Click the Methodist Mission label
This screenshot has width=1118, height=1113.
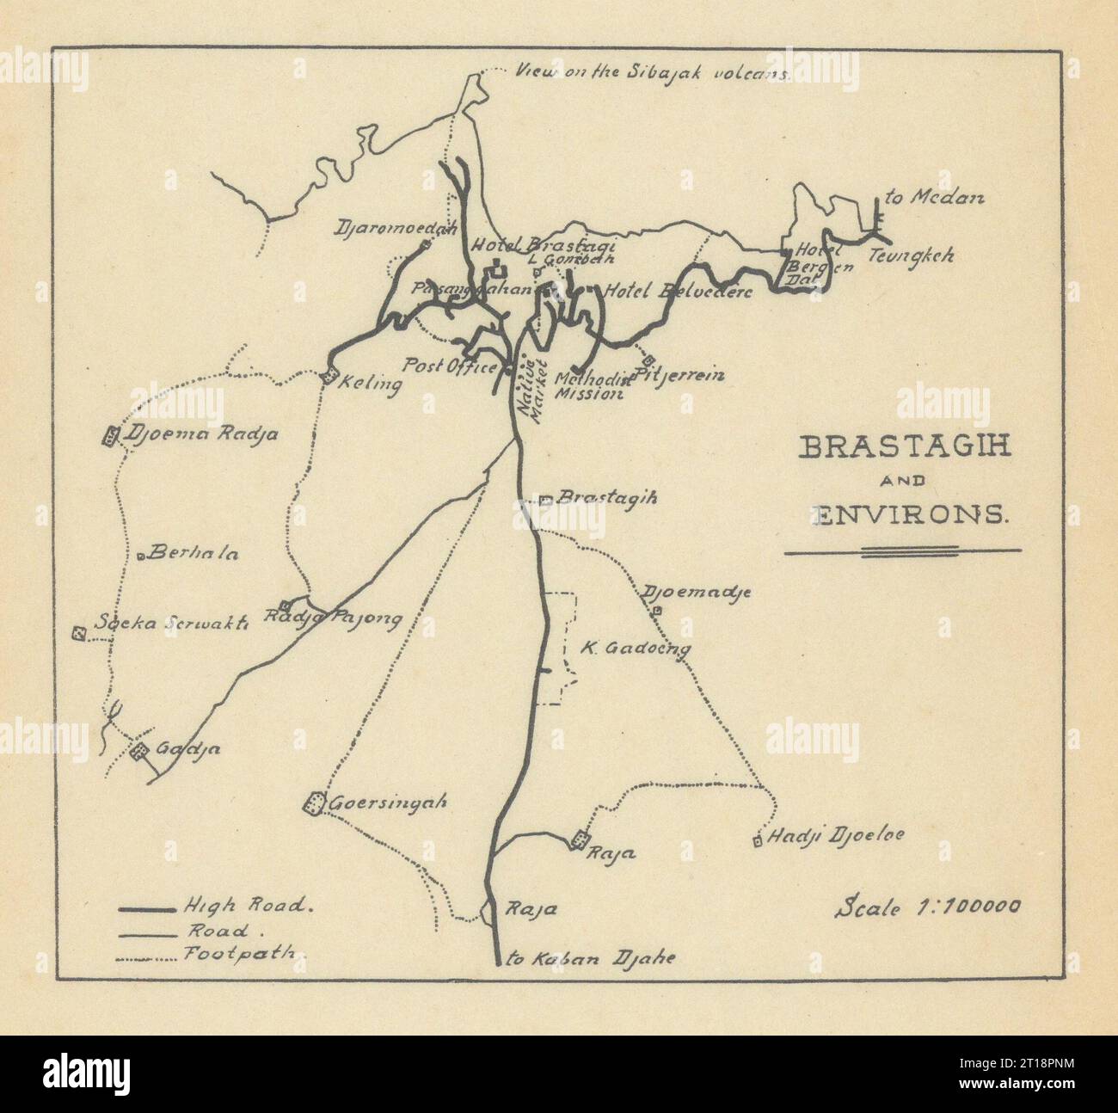pyautogui.click(x=589, y=386)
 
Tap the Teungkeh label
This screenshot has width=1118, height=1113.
pyautogui.click(x=911, y=255)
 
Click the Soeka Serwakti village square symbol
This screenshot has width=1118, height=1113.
pyautogui.click(x=79, y=634)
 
